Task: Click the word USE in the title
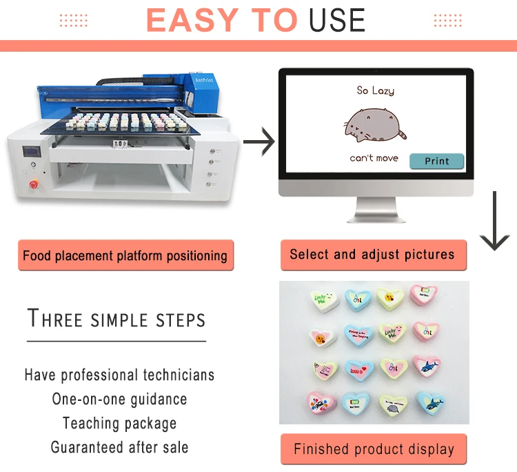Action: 337,21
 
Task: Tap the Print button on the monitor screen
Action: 436,161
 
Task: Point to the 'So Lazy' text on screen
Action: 375,90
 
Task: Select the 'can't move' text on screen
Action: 374,158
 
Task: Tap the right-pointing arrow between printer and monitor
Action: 258,143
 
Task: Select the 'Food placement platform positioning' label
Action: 125,255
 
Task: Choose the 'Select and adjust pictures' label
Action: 372,255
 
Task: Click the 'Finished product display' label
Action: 374,449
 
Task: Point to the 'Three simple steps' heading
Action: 116,319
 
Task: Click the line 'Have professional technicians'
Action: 119,375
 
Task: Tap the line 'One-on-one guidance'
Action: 119,400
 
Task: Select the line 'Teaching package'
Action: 119,423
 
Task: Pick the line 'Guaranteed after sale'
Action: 119,447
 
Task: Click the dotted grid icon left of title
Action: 73,21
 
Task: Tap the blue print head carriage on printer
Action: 207,90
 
